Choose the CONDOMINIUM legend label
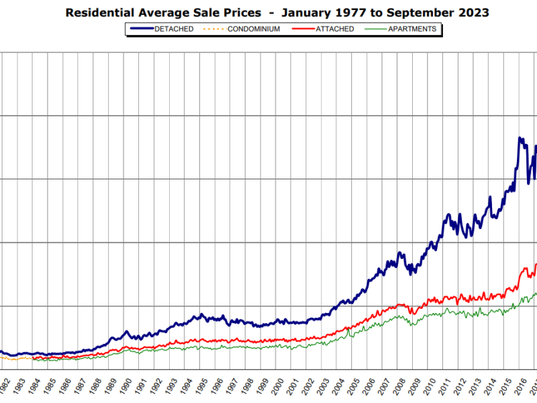tap(254, 29)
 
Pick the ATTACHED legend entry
tap(334, 29)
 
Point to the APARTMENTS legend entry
tap(412, 29)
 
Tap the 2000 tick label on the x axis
tap(277, 386)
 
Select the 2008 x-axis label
tap(398, 386)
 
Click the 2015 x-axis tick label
tap(505, 386)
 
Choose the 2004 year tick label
tap(338, 386)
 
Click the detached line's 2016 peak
tap(520, 138)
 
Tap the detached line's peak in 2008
tap(399, 253)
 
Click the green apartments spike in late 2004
tap(349, 329)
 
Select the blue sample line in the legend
tap(142, 29)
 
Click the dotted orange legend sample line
tap(214, 29)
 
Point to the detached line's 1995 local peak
tap(201, 314)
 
